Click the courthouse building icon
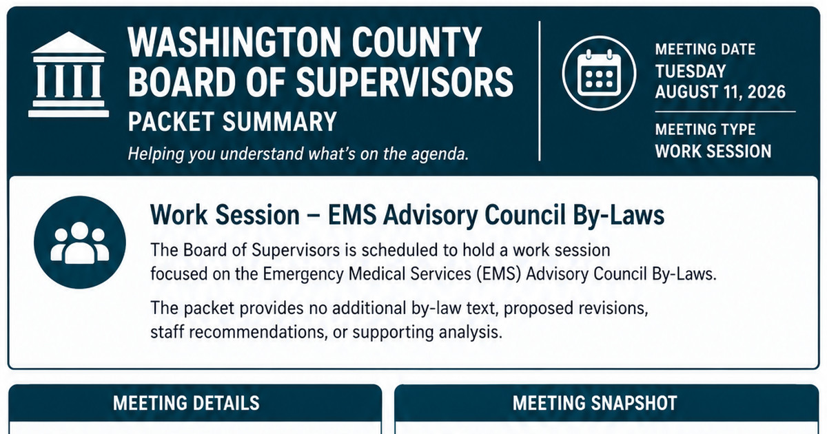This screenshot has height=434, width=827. point(69,74)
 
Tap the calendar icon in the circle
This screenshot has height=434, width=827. point(599,74)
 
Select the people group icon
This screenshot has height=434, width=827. point(80,242)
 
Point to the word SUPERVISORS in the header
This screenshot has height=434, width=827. point(405,82)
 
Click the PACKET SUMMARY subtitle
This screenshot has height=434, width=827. point(232,121)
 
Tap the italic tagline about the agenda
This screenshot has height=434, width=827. point(298,154)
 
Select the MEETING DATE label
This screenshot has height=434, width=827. point(705,50)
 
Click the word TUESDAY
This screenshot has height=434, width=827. point(691,71)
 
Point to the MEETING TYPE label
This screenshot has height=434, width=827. point(705,130)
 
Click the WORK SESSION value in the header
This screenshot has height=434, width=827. point(713,152)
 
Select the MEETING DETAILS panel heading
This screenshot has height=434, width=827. point(186,403)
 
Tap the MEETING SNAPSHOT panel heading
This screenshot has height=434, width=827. point(595,403)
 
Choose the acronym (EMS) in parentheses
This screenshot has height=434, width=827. point(498,274)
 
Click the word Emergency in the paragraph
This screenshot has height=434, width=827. point(303,275)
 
